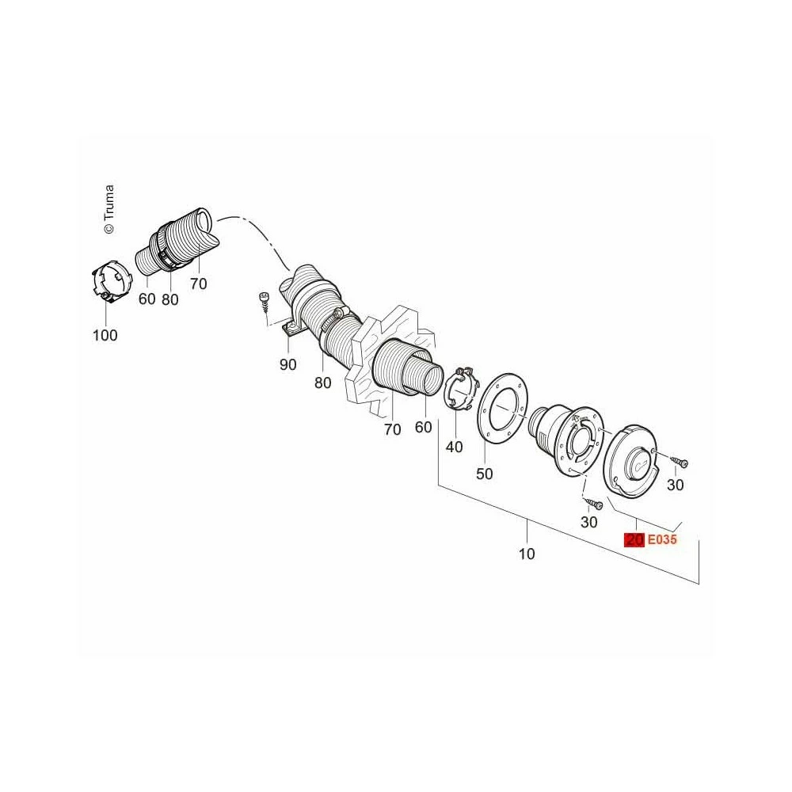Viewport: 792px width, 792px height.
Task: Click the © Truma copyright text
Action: click(x=109, y=209)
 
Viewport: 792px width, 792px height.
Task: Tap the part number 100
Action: click(x=105, y=335)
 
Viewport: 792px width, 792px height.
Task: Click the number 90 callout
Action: click(x=288, y=364)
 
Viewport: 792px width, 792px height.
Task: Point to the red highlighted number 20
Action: click(x=634, y=539)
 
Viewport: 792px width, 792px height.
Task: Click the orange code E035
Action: click(x=661, y=539)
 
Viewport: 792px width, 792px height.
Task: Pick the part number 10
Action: click(x=527, y=554)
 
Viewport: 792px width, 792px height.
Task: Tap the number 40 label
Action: click(x=454, y=447)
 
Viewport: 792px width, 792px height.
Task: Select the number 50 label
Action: click(x=485, y=474)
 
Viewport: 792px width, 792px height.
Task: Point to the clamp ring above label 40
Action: click(x=460, y=390)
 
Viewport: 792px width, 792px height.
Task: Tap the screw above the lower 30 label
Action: click(x=594, y=503)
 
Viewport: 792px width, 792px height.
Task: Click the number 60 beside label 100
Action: click(x=147, y=299)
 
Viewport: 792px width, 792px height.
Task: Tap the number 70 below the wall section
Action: click(x=393, y=429)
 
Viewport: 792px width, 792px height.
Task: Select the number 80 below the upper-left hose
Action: click(x=170, y=299)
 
